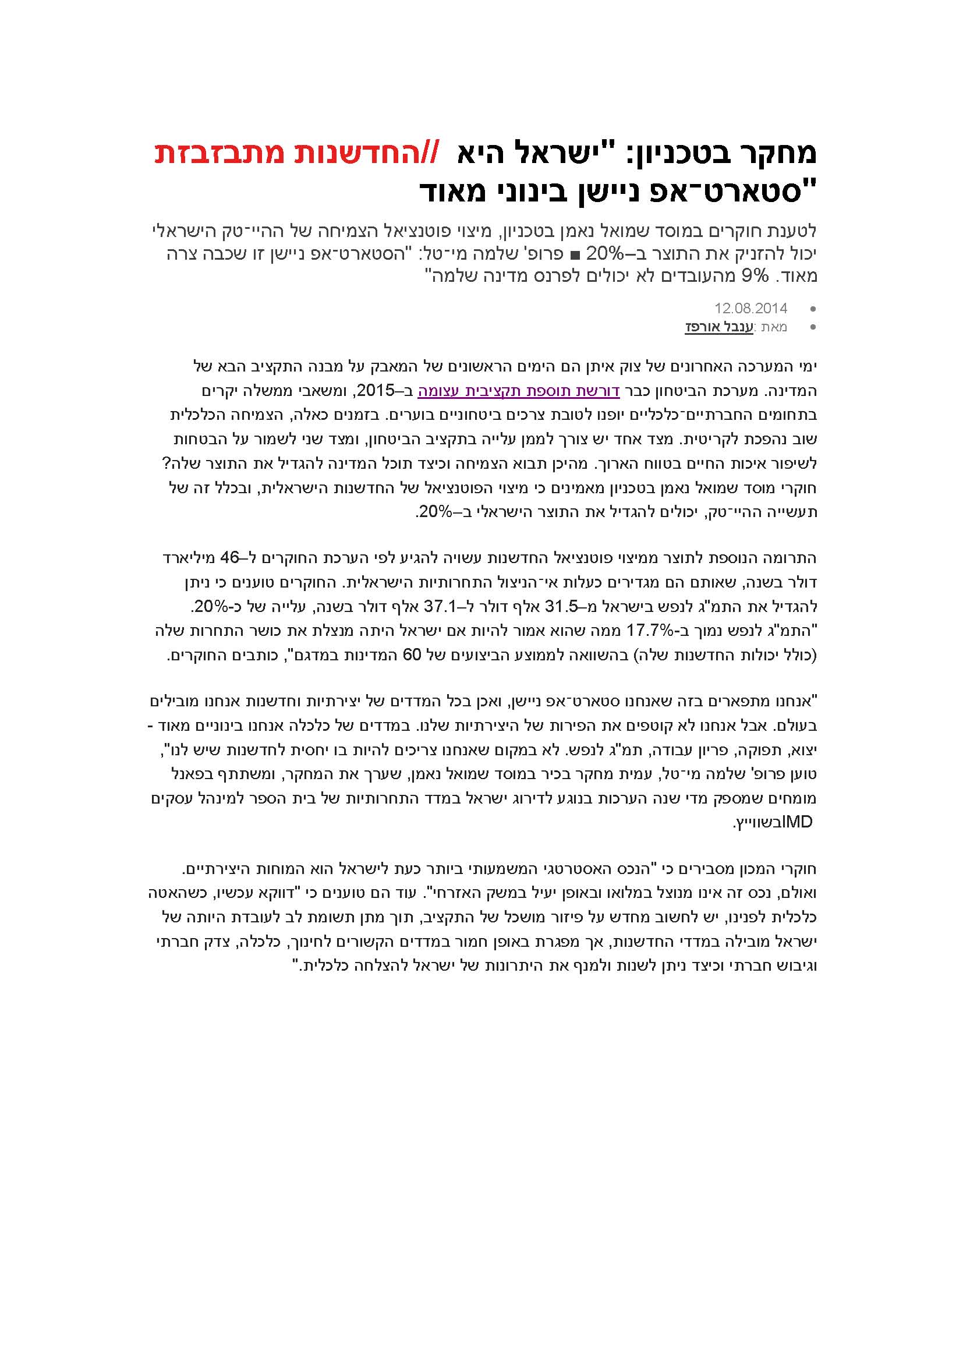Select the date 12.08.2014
(750, 309)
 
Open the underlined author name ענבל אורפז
(718, 327)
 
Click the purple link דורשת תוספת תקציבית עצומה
(519, 391)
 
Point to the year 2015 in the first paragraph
(375, 391)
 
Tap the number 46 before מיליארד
(229, 558)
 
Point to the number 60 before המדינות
(412, 655)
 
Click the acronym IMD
(798, 822)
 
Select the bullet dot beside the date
(812, 309)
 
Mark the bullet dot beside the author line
(812, 327)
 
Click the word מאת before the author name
(774, 327)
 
